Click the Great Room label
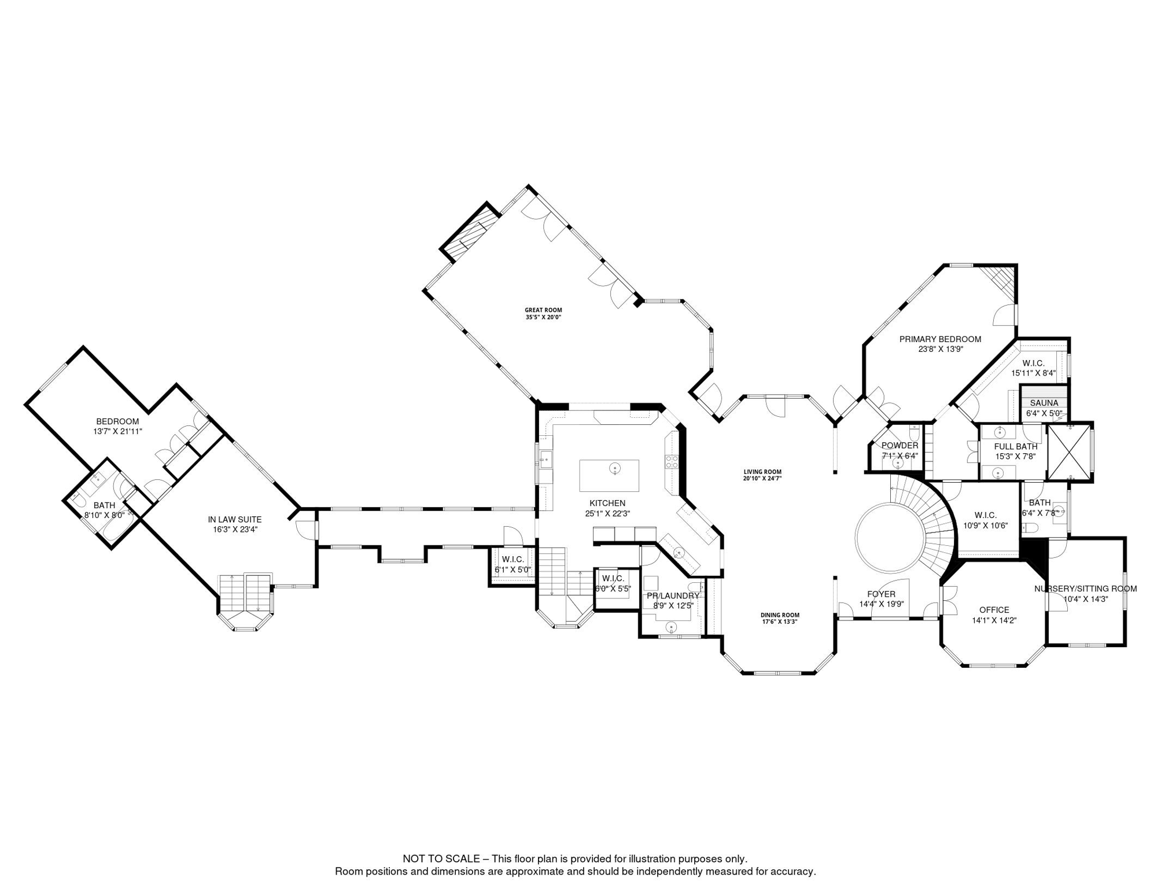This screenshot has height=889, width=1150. coord(543,310)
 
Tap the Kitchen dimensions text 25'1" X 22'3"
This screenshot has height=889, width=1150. coord(607,513)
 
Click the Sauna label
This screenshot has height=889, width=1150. coord(1044,403)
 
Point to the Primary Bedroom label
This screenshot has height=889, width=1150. coord(940,339)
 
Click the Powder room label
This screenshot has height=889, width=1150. coord(900,446)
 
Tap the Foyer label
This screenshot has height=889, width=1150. coord(881,594)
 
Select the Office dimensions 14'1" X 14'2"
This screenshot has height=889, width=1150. coord(994,620)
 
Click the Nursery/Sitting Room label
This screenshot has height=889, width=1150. coord(1085,589)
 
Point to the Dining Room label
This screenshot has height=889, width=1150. coord(779,615)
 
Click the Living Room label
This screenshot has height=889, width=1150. coord(762,472)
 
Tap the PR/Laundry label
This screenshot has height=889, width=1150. coord(673,596)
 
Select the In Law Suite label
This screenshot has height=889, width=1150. coord(235,520)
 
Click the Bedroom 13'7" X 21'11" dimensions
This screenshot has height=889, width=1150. coord(117,431)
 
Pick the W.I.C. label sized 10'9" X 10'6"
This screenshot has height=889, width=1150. coord(985,515)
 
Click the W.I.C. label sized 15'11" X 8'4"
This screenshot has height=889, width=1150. coord(1033,363)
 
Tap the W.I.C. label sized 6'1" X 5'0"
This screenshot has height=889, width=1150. coord(513,560)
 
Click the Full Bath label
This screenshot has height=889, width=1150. coord(1015,447)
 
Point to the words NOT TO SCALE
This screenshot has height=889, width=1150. coord(441,859)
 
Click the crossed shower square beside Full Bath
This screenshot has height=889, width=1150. coord(1069,451)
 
